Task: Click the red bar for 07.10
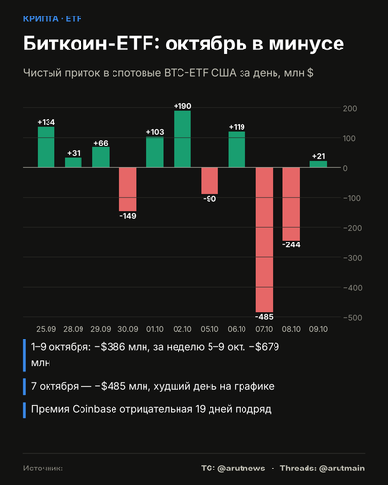(264, 240)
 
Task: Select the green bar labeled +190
(182, 139)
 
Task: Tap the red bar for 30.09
(128, 189)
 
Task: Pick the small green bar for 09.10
(318, 164)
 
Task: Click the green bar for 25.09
(47, 147)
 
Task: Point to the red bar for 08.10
(291, 204)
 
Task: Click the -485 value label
(264, 317)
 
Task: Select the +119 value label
(237, 127)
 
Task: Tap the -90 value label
(210, 199)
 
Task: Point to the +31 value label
(74, 153)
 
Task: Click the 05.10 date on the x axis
(210, 329)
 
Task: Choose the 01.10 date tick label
(155, 329)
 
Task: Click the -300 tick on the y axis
(353, 258)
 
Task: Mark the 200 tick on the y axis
(350, 109)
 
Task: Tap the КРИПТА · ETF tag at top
(52, 19)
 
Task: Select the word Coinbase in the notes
(94, 409)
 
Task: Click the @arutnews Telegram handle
(242, 469)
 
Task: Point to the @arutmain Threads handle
(341, 469)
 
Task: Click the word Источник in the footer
(43, 469)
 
